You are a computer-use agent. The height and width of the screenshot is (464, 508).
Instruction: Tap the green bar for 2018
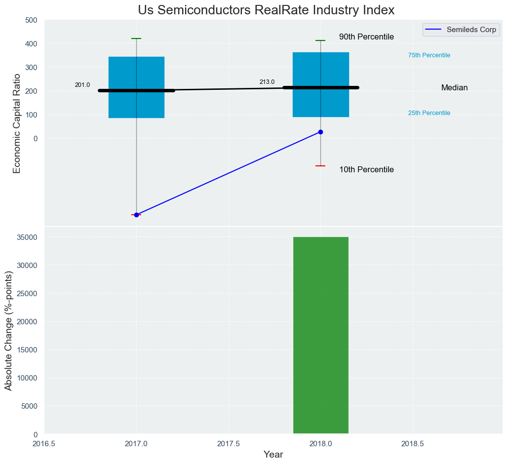[321, 336]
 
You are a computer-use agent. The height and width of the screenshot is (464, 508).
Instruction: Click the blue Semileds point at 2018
[321, 132]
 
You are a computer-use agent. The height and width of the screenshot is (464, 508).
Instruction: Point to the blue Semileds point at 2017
[136, 215]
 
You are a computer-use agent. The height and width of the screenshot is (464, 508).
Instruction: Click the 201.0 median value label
[82, 85]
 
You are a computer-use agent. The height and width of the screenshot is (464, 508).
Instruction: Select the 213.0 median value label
[267, 82]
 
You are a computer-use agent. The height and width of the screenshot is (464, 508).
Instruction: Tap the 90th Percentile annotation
[366, 37]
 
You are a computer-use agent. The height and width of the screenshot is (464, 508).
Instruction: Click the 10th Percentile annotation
[366, 170]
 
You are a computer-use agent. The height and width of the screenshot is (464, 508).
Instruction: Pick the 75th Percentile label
[429, 55]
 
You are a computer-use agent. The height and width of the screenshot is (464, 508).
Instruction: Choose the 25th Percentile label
[429, 113]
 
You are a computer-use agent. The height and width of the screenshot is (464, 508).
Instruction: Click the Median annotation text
[454, 88]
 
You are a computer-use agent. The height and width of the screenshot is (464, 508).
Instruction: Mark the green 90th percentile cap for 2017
[136, 39]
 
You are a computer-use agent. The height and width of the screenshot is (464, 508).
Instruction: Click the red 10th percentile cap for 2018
[320, 166]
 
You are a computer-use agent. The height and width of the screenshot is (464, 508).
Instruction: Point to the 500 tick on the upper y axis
[31, 20]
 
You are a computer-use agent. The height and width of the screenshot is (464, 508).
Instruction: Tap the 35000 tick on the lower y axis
[28, 237]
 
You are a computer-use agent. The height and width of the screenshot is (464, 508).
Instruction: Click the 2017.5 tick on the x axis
[229, 443]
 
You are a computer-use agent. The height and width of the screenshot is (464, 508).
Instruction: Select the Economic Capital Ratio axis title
[17, 123]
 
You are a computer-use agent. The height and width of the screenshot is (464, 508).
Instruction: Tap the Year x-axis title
[273, 455]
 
